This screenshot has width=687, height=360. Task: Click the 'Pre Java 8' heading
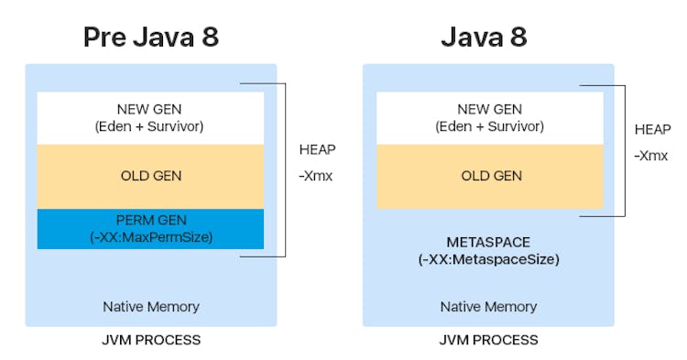click(151, 37)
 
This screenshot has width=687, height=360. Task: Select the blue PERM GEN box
click(150, 229)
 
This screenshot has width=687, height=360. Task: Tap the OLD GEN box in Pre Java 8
click(150, 176)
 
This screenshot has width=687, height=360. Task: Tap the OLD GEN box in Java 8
click(490, 176)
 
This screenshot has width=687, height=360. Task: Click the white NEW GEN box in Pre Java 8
click(150, 118)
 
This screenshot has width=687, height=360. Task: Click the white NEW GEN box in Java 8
click(490, 118)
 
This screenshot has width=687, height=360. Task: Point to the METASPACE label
click(489, 242)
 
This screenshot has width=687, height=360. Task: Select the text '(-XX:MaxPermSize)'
click(150, 237)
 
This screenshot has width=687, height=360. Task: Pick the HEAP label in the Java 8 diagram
click(652, 130)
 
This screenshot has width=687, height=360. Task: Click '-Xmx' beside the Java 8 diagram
click(651, 157)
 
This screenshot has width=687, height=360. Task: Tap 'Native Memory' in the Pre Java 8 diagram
click(150, 306)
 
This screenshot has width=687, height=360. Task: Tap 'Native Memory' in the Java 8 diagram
click(489, 306)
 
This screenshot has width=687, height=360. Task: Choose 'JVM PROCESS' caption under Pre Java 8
click(150, 341)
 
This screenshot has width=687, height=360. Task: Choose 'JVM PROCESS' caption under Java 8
click(489, 341)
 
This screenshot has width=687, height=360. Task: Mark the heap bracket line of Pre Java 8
click(286, 170)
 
